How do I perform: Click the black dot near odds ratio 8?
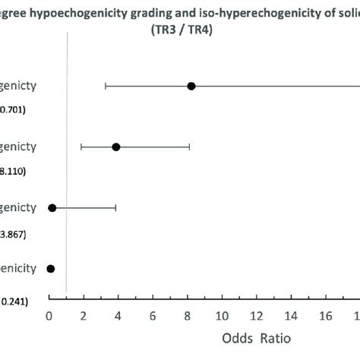(191, 86)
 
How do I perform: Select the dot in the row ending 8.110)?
(116, 147)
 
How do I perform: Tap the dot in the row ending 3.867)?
(52, 207)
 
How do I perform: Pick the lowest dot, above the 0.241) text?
(51, 268)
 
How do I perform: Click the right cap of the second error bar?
(189, 147)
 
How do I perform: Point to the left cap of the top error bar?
(106, 86)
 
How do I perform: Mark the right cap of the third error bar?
(115, 207)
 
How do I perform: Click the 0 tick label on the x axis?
(49, 313)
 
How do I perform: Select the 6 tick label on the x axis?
(153, 313)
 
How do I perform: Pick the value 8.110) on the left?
(13, 171)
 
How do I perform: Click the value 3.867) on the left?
(13, 232)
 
